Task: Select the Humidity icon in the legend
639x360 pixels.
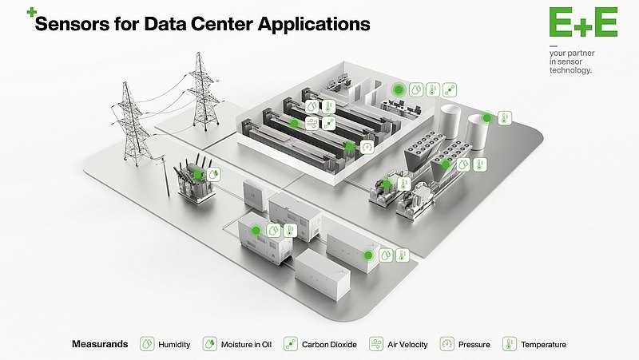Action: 147,344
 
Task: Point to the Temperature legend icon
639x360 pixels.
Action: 508,344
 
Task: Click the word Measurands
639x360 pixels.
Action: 99,345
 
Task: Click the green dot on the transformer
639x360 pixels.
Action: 197,173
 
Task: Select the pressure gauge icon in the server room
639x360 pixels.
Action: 367,147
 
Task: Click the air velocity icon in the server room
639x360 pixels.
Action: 328,123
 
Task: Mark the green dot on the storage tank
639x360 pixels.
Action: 486,118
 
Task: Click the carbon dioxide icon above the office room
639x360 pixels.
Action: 449,90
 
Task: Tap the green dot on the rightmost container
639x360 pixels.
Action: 368,255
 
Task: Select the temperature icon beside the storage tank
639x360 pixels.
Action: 504,118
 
